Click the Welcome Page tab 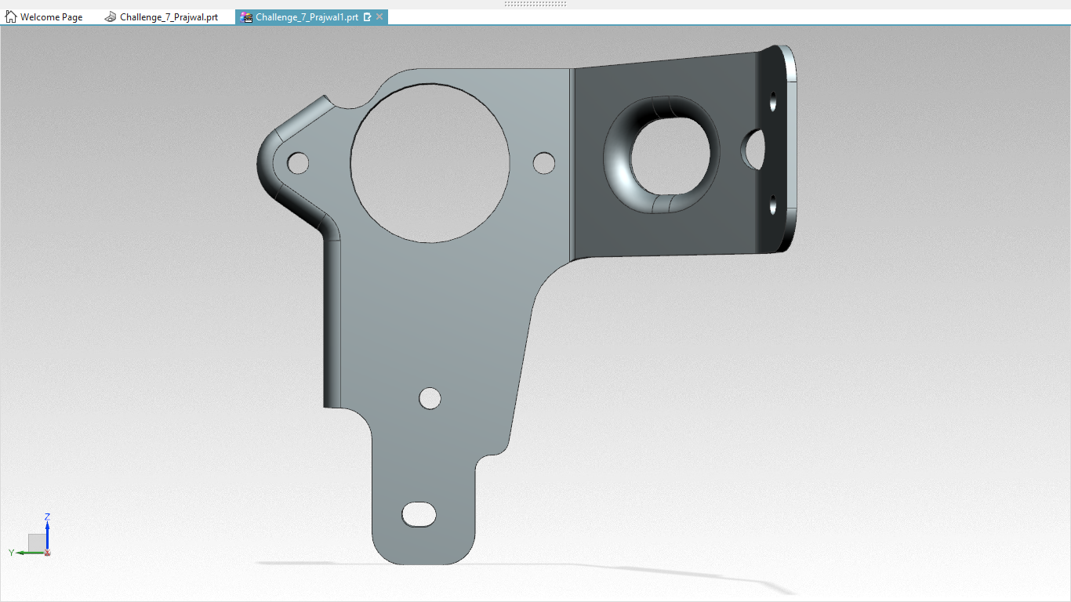(x=50, y=17)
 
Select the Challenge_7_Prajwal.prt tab (x=169, y=17)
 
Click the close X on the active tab (x=379, y=17)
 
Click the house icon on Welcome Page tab (x=11, y=17)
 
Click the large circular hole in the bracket (x=430, y=162)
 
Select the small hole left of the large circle (x=297, y=163)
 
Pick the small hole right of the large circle (x=543, y=162)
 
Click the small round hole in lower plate (x=430, y=398)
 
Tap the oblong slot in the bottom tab (x=419, y=514)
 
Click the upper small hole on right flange (x=773, y=102)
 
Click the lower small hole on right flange (x=773, y=205)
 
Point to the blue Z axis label (x=47, y=517)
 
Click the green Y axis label (x=12, y=553)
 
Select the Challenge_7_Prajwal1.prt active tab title (x=307, y=17)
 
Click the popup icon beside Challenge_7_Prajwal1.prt (x=367, y=17)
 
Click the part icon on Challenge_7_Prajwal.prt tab (x=111, y=17)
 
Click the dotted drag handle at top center (x=535, y=4)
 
